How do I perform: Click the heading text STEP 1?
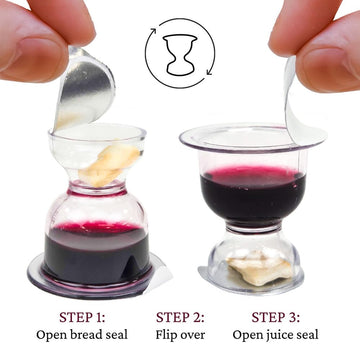click(82, 317)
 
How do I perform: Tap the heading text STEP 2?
click(180, 317)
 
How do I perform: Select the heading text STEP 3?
click(275, 317)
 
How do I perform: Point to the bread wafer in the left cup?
click(109, 164)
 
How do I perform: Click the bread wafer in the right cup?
click(260, 266)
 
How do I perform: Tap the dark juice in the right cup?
click(253, 198)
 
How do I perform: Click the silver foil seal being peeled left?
click(85, 90)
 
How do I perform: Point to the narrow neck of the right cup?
click(253, 228)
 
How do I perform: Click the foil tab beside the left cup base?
click(160, 273)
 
